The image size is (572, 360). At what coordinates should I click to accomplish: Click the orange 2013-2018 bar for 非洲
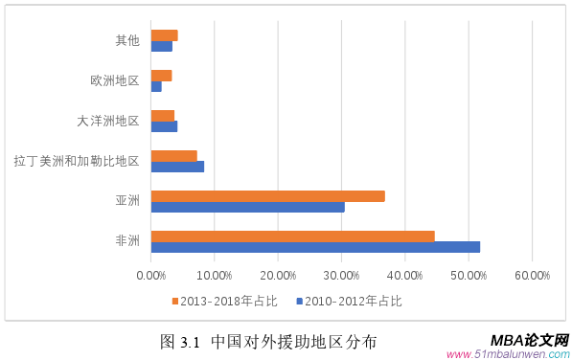(x=292, y=236)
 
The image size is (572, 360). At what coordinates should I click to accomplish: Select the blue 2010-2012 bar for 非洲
(x=315, y=247)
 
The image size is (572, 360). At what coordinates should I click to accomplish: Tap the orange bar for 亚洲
(x=267, y=196)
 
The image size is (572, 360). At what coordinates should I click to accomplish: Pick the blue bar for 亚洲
(x=247, y=207)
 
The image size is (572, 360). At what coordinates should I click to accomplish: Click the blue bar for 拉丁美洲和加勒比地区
(x=177, y=167)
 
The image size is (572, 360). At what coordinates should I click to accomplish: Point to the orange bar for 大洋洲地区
(x=163, y=116)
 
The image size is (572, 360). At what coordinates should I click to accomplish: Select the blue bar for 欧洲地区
(x=156, y=86)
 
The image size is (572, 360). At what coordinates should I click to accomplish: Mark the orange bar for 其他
(x=164, y=35)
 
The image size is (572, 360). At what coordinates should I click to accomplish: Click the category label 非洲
(x=127, y=241)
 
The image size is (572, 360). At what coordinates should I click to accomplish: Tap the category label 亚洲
(x=127, y=201)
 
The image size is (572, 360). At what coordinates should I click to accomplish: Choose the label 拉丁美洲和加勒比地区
(x=77, y=161)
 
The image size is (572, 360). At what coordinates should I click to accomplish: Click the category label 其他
(x=127, y=40)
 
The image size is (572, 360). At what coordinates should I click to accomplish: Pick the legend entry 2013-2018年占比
(x=229, y=301)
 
